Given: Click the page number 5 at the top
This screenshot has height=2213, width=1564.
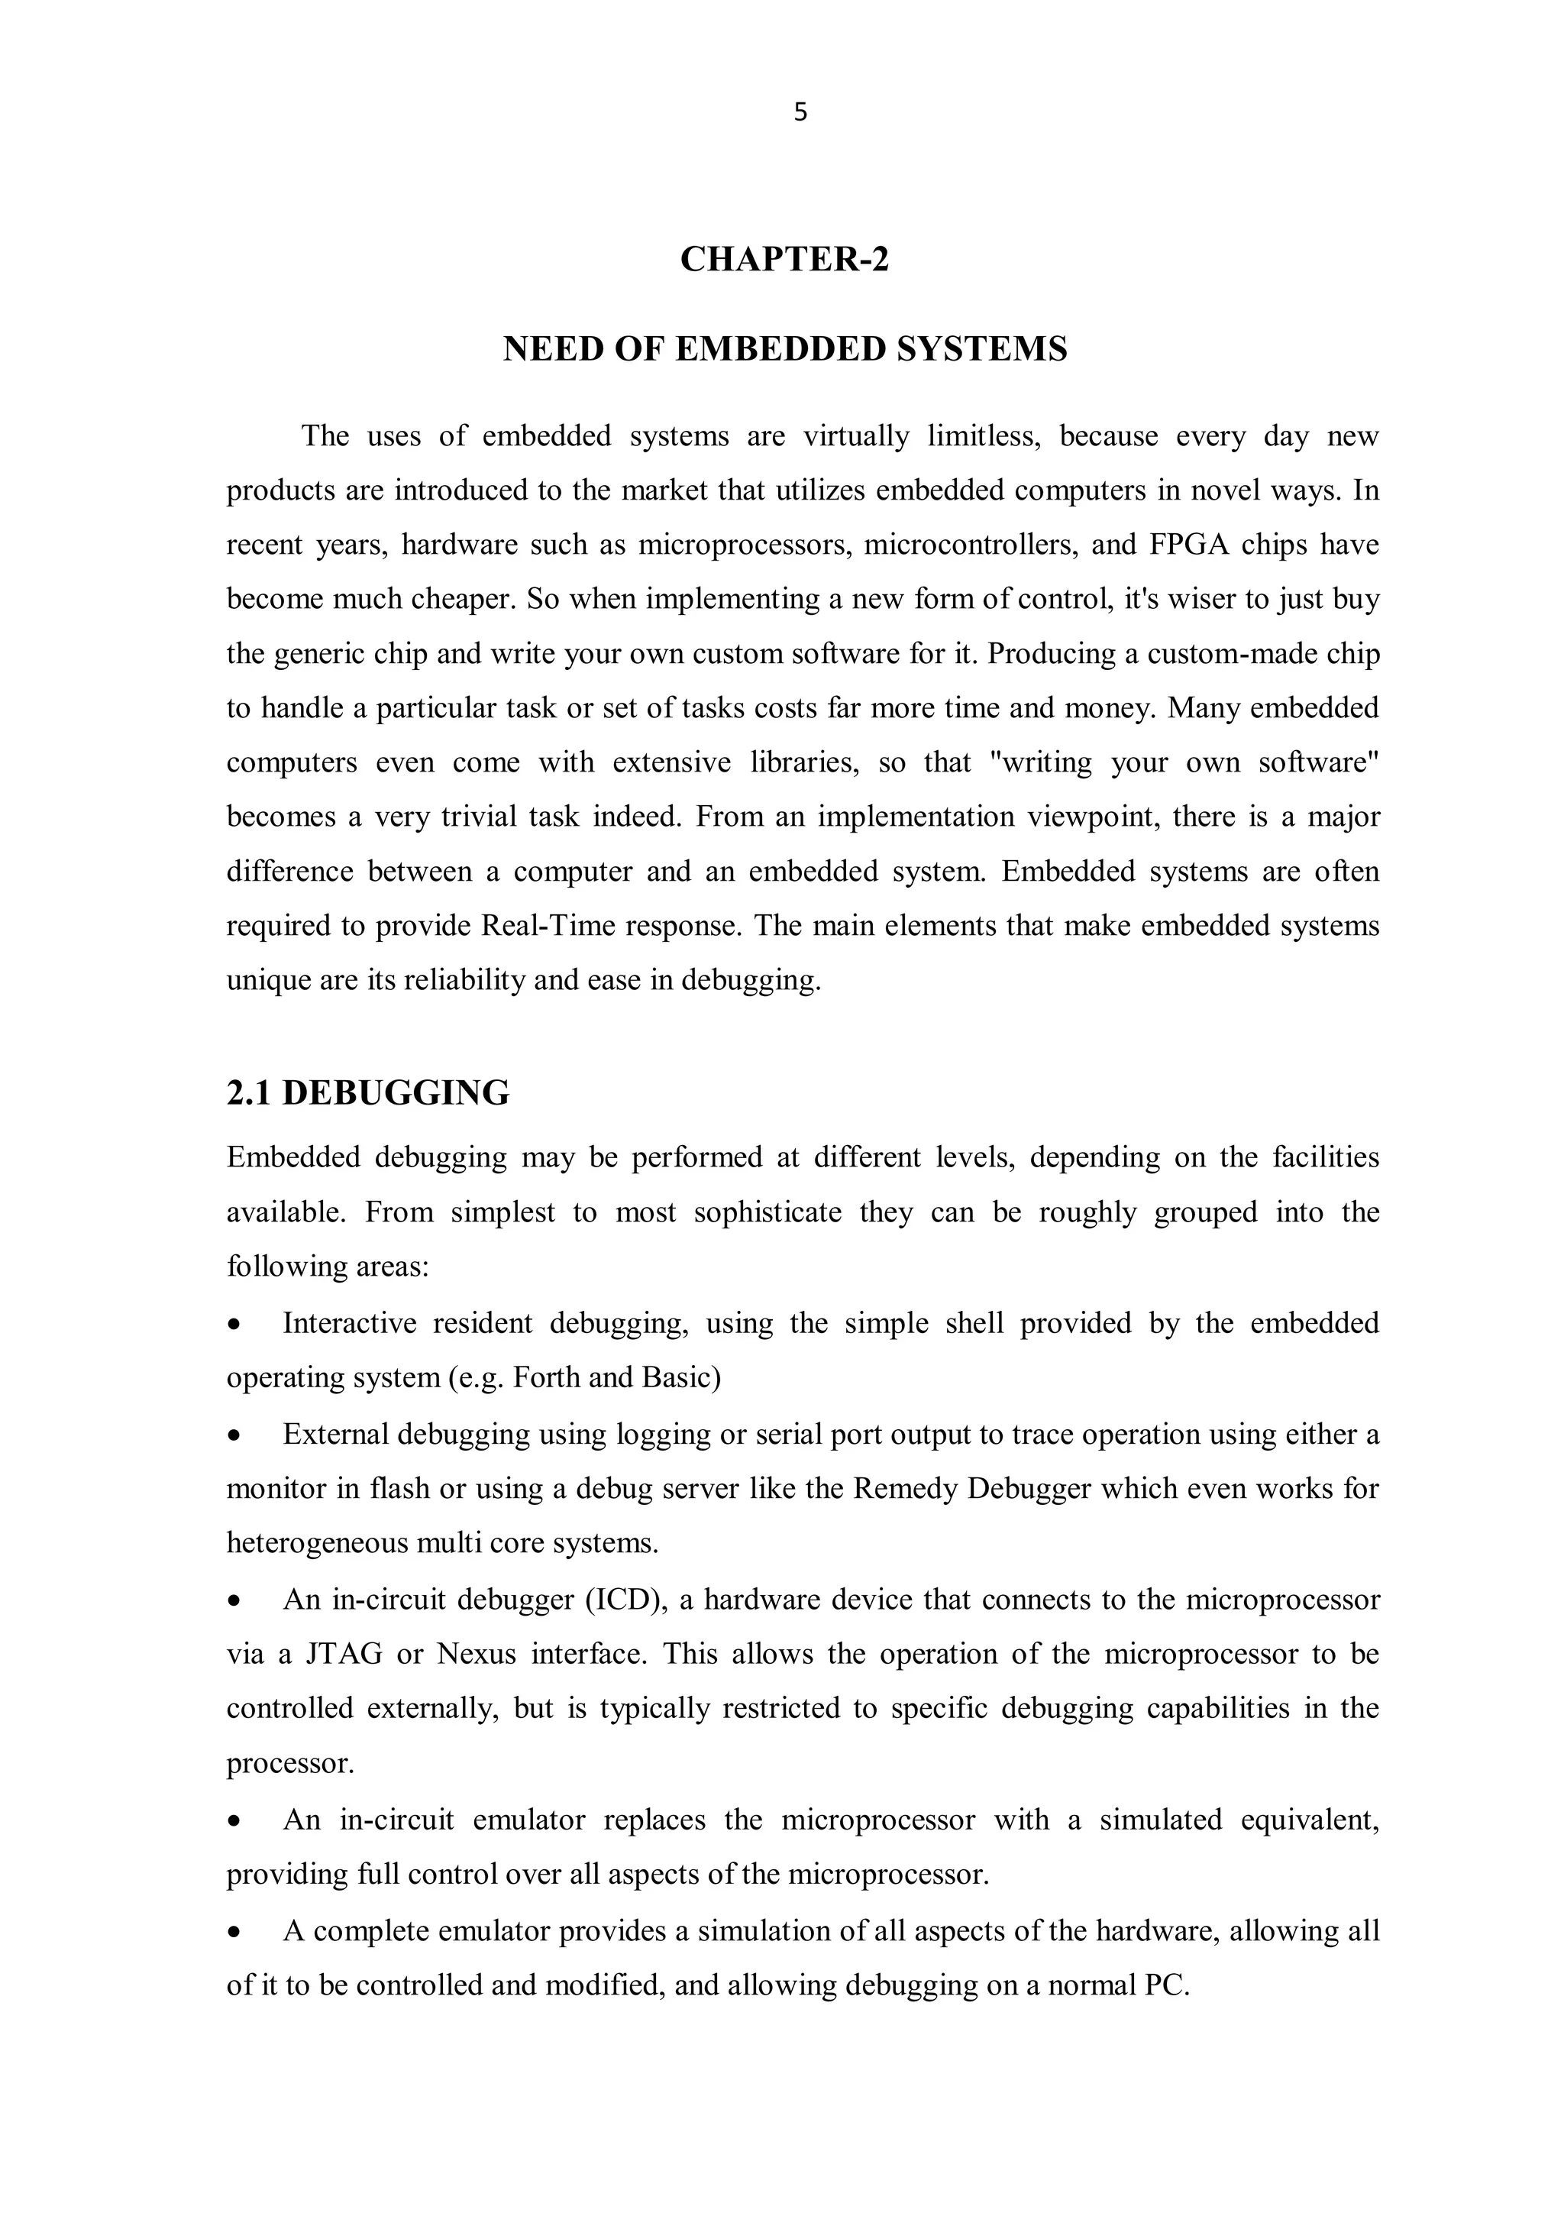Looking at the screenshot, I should click(x=800, y=114).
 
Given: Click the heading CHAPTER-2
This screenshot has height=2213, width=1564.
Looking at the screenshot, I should click(x=784, y=259).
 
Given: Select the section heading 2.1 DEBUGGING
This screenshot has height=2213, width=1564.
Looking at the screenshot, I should click(x=367, y=1093).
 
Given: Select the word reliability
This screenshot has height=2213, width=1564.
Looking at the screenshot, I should click(x=464, y=980).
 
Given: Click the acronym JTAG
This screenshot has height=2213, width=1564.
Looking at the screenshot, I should click(x=343, y=1654).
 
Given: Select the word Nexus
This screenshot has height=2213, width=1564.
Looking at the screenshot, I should click(x=475, y=1654).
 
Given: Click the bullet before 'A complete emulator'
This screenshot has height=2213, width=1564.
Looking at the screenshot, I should click(x=234, y=1933).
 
